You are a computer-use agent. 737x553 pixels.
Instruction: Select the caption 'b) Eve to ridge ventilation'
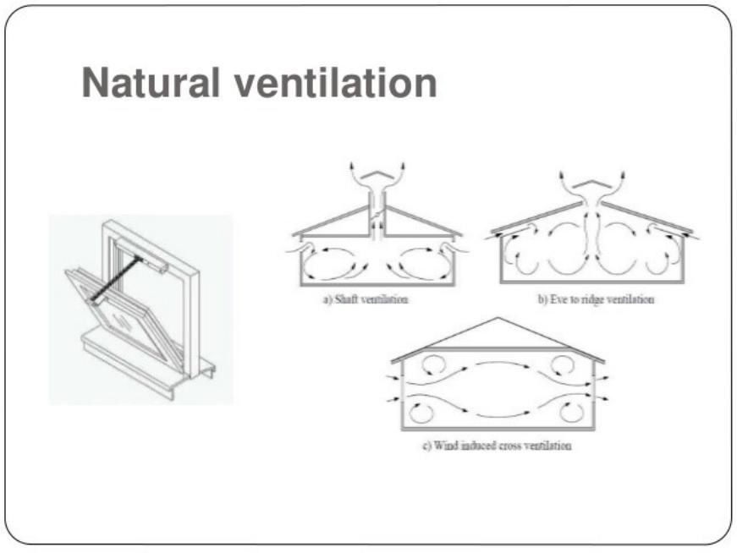pos(597,299)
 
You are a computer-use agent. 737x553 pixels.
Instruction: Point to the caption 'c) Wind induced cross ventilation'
pos(497,446)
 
